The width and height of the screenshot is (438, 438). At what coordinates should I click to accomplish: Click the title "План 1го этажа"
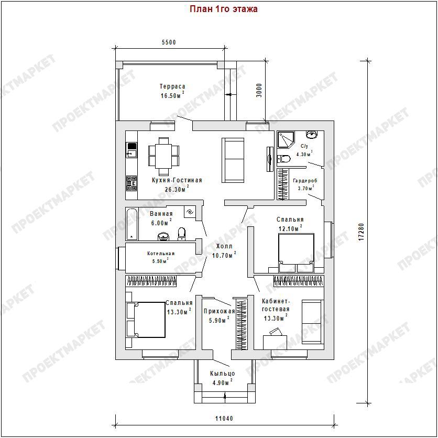tap(224, 9)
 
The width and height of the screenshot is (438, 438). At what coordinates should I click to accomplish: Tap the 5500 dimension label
tap(169, 42)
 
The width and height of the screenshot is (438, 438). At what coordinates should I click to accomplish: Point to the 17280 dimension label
tap(361, 232)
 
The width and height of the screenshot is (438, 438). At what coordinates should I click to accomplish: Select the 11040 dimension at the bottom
tap(224, 419)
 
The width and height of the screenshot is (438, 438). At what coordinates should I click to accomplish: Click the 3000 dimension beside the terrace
tap(259, 90)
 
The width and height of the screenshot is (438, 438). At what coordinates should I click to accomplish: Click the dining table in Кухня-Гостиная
tap(163, 156)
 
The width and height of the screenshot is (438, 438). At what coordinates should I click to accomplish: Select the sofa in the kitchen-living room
tap(233, 160)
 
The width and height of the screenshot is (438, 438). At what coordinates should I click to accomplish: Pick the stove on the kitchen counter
tap(132, 183)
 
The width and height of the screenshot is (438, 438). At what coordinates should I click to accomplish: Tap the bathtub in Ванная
tap(132, 224)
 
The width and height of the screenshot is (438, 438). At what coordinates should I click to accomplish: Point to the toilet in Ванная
tap(182, 234)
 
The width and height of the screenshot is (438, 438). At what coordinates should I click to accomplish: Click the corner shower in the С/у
tap(285, 140)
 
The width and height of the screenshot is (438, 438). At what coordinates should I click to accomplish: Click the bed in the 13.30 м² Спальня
tap(146, 320)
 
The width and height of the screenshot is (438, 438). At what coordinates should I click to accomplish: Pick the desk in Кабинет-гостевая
tap(275, 342)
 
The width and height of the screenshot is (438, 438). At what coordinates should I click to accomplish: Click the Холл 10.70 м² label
tap(224, 250)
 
